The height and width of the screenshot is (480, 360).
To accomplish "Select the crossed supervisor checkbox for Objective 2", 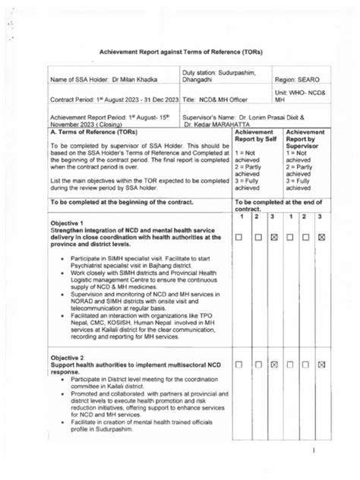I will pos(322,365).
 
